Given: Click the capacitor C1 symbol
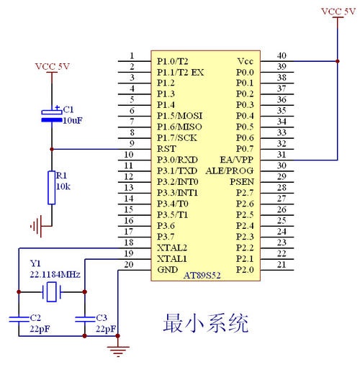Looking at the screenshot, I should pos(51,116).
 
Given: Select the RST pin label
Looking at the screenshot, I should pos(166,148).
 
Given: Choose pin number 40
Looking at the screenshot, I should pos(282,55).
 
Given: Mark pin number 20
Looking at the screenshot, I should pos(130,264).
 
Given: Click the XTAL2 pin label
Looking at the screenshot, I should pos(171,247).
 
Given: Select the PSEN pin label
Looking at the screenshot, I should pos(242,181).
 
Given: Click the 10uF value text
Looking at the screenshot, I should pos(72,120).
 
